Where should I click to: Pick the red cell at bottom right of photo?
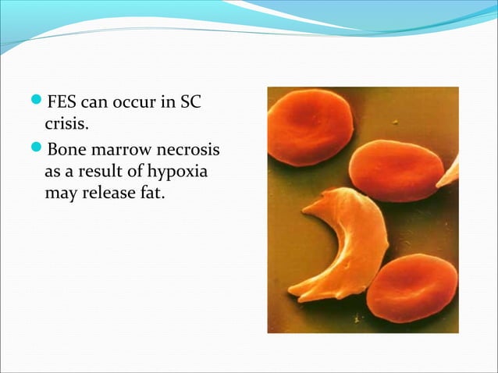tap(411, 287)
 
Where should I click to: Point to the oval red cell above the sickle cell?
tap(396, 170)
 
